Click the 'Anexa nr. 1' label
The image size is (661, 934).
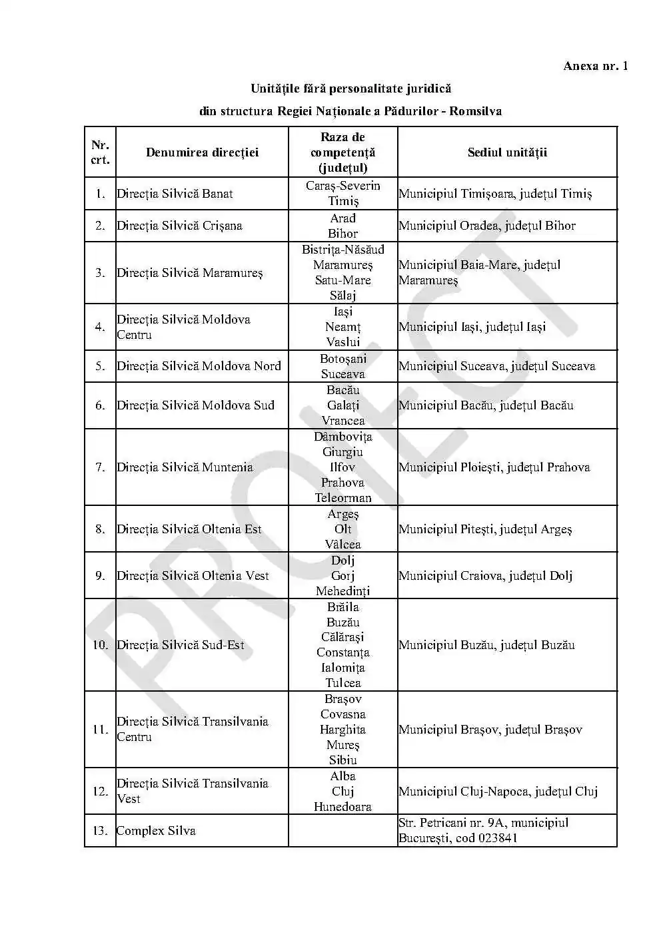click(595, 65)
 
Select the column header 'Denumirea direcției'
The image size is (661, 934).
click(202, 152)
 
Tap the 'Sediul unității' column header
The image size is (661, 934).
click(507, 152)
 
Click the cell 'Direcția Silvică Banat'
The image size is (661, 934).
click(175, 194)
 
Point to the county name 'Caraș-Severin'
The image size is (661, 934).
click(342, 186)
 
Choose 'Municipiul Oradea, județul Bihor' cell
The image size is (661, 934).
click(487, 226)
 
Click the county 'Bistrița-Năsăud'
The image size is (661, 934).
click(342, 250)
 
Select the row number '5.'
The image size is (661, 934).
click(100, 366)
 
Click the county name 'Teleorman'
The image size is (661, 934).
click(342, 497)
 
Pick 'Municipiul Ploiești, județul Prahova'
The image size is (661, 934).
click(494, 467)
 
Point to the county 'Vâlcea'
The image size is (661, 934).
click(342, 544)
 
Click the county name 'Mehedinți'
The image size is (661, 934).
click(342, 590)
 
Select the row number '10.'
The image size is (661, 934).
click(100, 645)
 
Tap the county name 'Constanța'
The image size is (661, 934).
click(342, 652)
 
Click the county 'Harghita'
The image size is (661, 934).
click(342, 730)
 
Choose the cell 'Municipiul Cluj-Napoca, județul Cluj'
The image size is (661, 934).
click(498, 792)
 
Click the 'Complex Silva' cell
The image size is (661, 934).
click(156, 831)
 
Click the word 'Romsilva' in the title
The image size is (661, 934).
click(475, 111)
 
